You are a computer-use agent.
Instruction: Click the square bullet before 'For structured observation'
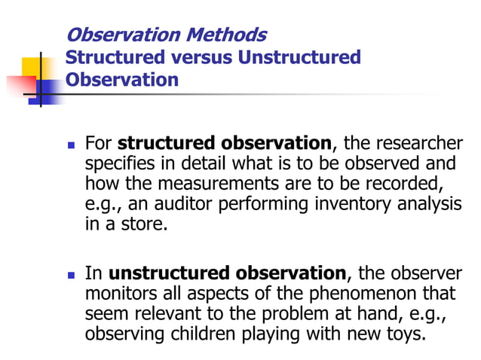coord(72,144)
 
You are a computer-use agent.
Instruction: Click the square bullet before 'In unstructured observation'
coord(72,273)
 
